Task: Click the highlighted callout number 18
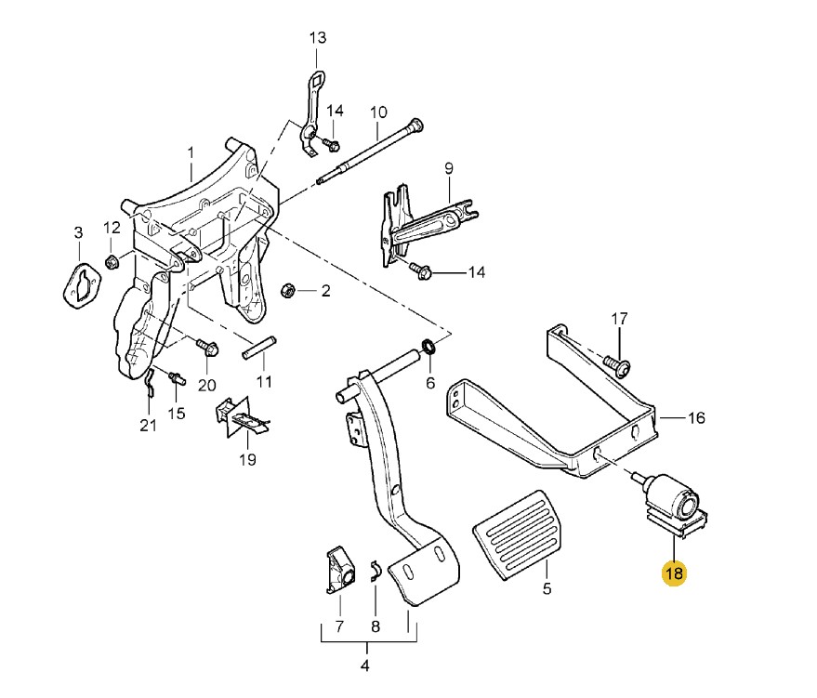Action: coord(673,573)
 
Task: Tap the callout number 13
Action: coord(318,38)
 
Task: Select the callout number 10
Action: coord(378,112)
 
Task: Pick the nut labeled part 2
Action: coord(288,292)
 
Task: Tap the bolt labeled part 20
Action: coord(206,349)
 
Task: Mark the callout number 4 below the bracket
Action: coord(364,665)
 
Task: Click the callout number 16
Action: coord(696,418)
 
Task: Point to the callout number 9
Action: coord(448,168)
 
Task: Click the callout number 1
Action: coord(191,151)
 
